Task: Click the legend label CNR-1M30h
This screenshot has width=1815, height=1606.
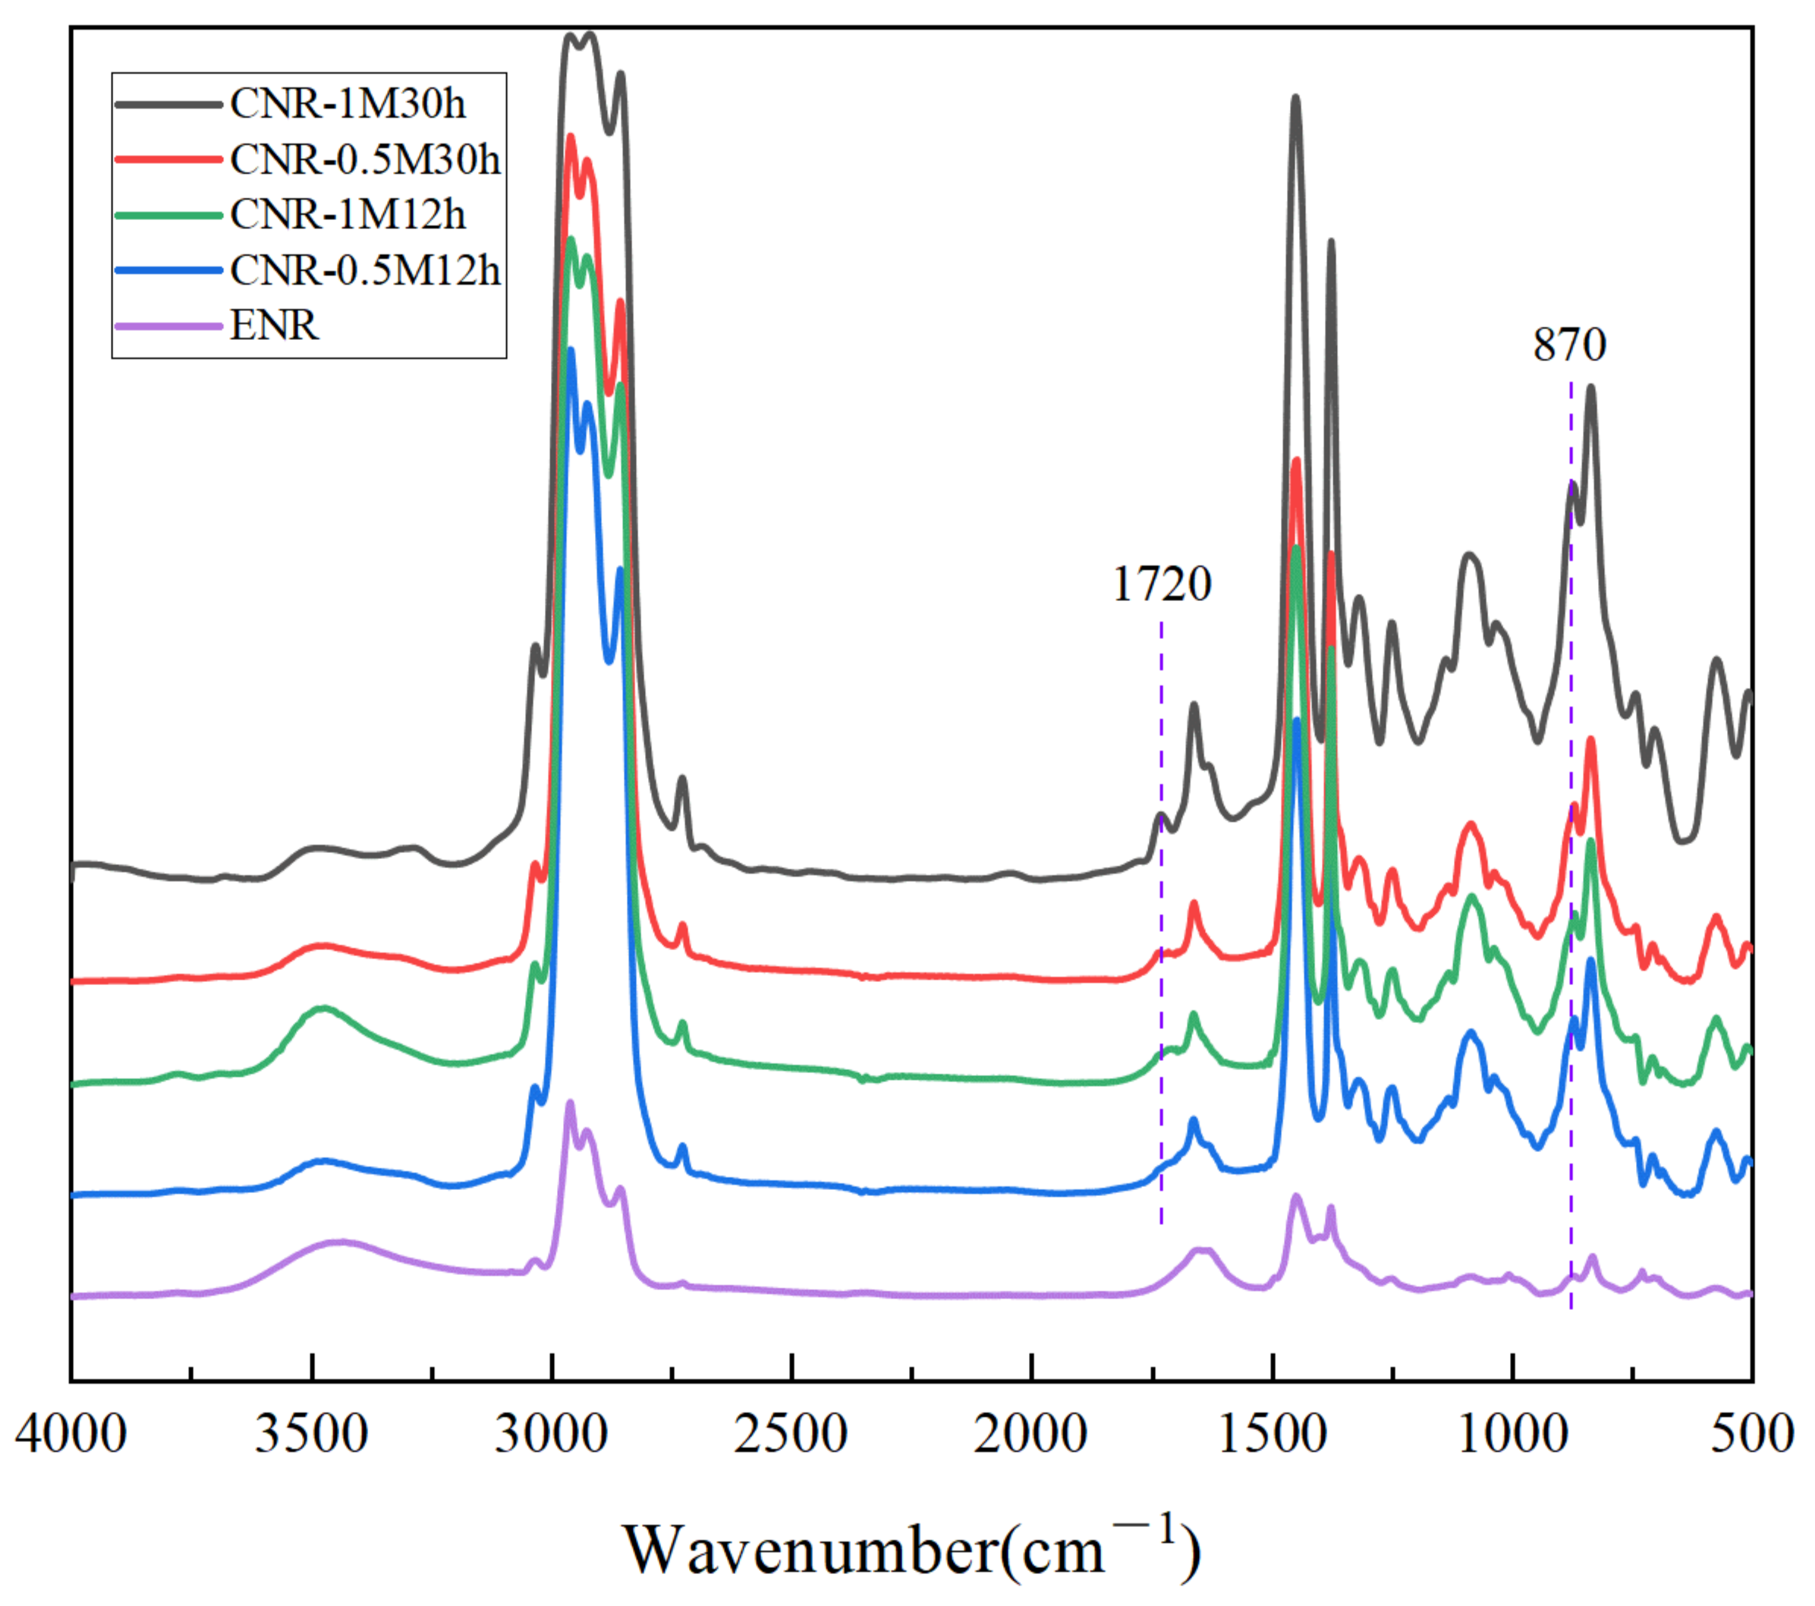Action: click(x=348, y=105)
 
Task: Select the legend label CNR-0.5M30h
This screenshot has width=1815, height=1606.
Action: click(x=365, y=160)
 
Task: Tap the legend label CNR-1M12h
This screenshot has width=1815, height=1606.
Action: click(x=348, y=215)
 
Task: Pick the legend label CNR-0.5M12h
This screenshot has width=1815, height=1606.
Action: click(x=365, y=270)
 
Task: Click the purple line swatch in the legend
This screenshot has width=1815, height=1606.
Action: click(x=168, y=326)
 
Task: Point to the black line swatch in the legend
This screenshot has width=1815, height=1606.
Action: click(x=168, y=105)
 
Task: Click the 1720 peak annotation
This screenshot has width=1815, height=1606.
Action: click(x=1162, y=584)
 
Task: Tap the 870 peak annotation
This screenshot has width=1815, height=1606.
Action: click(x=1569, y=345)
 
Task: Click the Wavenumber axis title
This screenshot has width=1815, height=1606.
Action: click(x=911, y=1548)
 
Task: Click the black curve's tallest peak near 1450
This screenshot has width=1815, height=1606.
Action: click(x=1295, y=99)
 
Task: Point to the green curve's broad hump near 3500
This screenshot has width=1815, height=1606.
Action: click(x=324, y=1009)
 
